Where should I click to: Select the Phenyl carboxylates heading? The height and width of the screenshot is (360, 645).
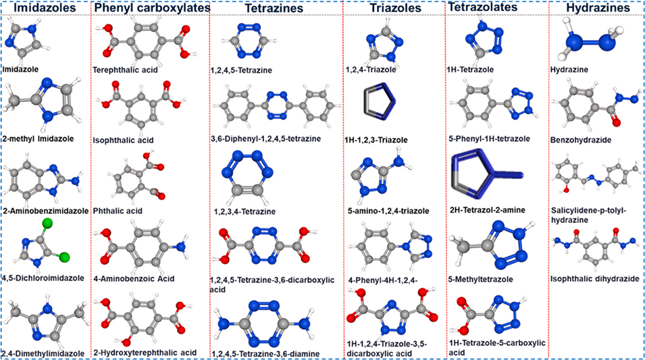pos(152,8)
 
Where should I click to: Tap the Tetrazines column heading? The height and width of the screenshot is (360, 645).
pos(275,8)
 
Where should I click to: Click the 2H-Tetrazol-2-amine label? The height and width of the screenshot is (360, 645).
pos(488,210)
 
